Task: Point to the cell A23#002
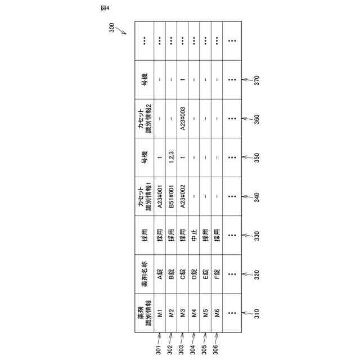[183, 197]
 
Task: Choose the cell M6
[217, 312]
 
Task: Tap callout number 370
[256, 80]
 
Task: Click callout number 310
[256, 312]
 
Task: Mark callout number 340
[256, 197]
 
